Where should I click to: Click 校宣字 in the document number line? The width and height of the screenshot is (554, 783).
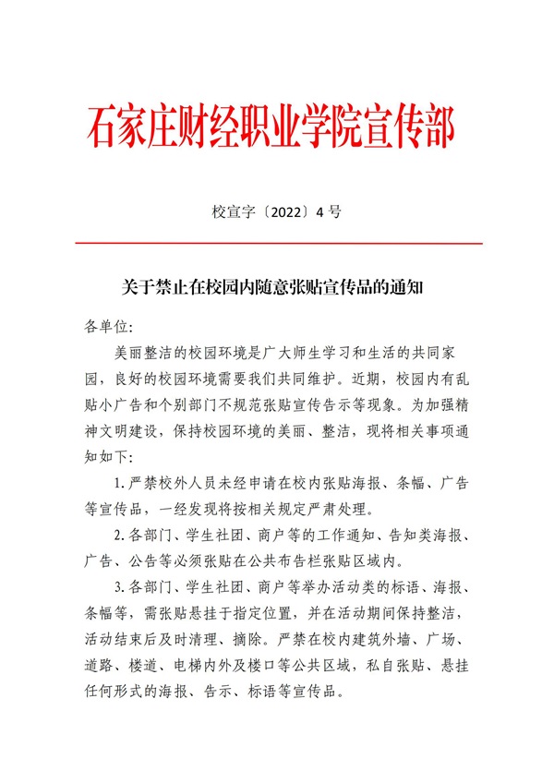click(x=231, y=211)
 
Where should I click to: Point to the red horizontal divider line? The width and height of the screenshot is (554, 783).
click(x=277, y=243)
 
